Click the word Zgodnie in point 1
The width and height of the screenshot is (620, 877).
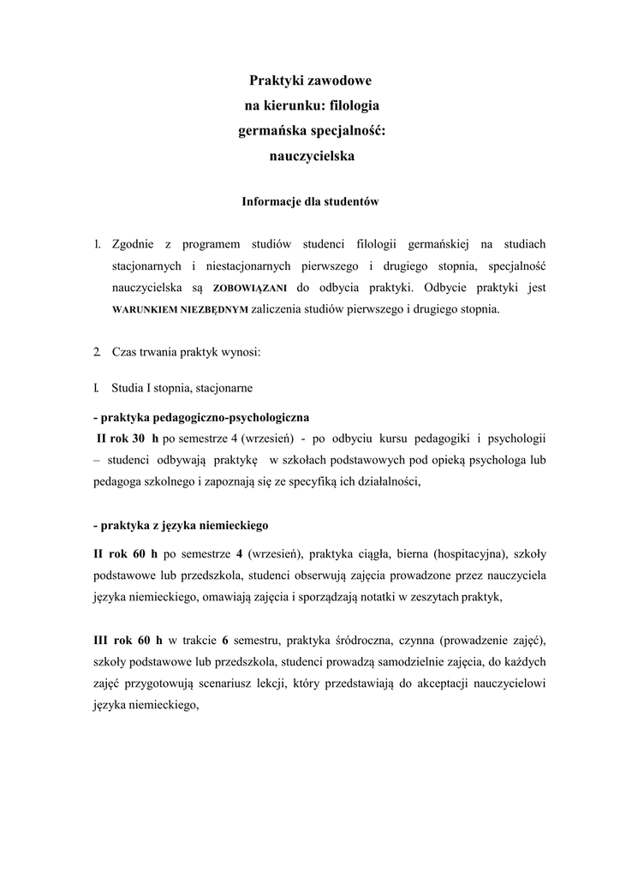tap(140, 245)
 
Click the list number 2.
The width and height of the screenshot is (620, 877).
tap(97, 353)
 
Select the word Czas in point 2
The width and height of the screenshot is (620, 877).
tap(125, 353)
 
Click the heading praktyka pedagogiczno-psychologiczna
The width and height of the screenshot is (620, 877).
tap(201, 418)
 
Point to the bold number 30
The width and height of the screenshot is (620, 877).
tap(138, 438)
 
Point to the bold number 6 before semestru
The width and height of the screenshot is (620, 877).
tap(224, 641)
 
